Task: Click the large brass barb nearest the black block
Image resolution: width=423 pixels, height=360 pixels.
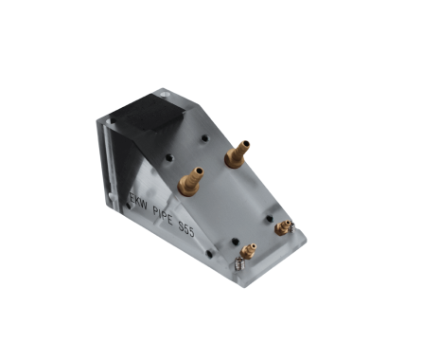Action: click(x=236, y=153)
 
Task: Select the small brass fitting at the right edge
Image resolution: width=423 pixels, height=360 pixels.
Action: click(x=281, y=226)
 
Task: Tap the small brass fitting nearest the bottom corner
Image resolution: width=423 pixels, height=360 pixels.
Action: click(x=249, y=251)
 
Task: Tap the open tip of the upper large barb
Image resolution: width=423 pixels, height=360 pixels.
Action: click(x=245, y=144)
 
